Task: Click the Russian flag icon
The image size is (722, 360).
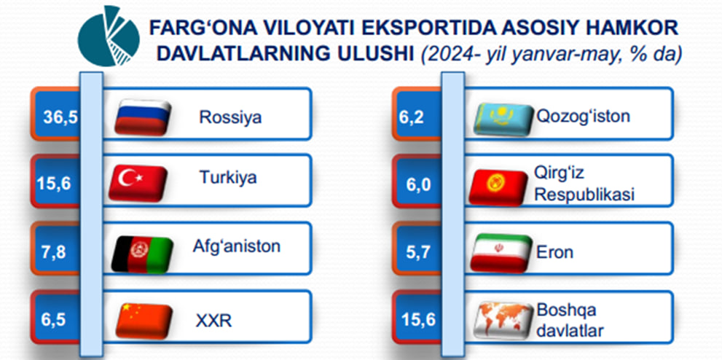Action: pos(142,117)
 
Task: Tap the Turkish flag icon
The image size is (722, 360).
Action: pos(138,183)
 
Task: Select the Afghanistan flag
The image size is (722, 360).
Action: pos(142,254)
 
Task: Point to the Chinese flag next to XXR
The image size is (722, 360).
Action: pos(144,321)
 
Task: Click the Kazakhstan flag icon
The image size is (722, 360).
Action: pos(503,120)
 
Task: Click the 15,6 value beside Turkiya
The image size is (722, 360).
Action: pos(54,184)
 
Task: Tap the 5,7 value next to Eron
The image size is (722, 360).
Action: pos(418,252)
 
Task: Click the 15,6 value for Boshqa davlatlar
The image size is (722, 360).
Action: pos(418,319)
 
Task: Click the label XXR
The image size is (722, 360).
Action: pos(213,321)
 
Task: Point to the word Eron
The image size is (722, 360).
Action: pos(555,252)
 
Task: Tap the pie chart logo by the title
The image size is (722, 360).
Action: pos(109,36)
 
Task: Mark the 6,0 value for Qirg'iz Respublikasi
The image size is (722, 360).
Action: pos(418,185)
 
